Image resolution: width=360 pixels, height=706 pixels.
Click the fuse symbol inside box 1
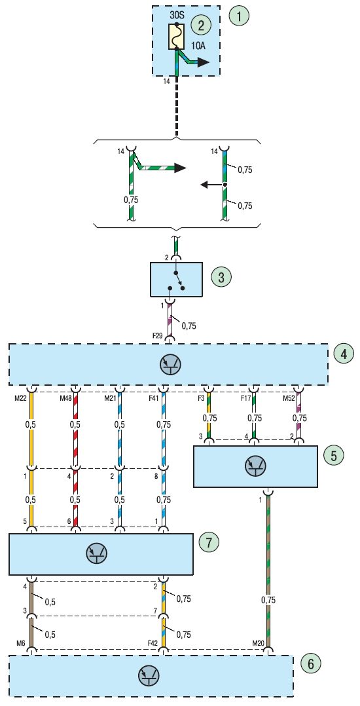pos(177,37)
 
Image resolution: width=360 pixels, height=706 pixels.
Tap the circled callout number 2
pos(200,24)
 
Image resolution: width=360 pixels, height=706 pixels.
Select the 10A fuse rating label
pos(198,47)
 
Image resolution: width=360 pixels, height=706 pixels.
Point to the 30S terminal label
pos(177,14)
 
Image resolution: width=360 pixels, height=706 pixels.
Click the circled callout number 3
pos(221,277)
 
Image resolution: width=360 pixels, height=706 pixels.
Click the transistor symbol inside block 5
pos(255,466)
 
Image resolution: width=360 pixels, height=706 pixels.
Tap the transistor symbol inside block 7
pos(96,554)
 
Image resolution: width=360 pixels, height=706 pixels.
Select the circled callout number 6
pos(310,663)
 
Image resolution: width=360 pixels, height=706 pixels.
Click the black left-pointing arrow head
pos(204,184)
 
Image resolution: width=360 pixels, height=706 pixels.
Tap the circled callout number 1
pos(238,16)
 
